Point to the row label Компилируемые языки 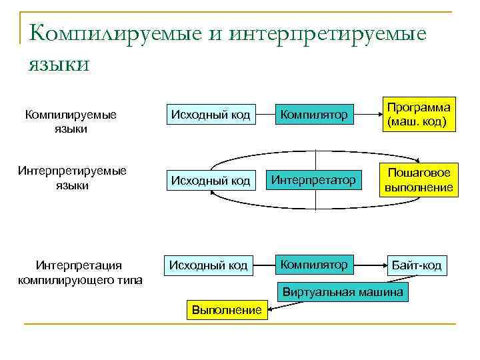71,121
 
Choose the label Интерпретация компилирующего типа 79,273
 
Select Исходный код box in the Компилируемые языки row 211,115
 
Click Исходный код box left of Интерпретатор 211,180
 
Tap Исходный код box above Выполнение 208,265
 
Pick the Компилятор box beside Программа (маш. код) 314,115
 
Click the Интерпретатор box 314,179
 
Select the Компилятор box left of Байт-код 314,265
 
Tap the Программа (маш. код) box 418,115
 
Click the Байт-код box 417,265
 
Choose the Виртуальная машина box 343,292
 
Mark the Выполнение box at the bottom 227,310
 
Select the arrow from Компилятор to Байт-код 370,265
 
